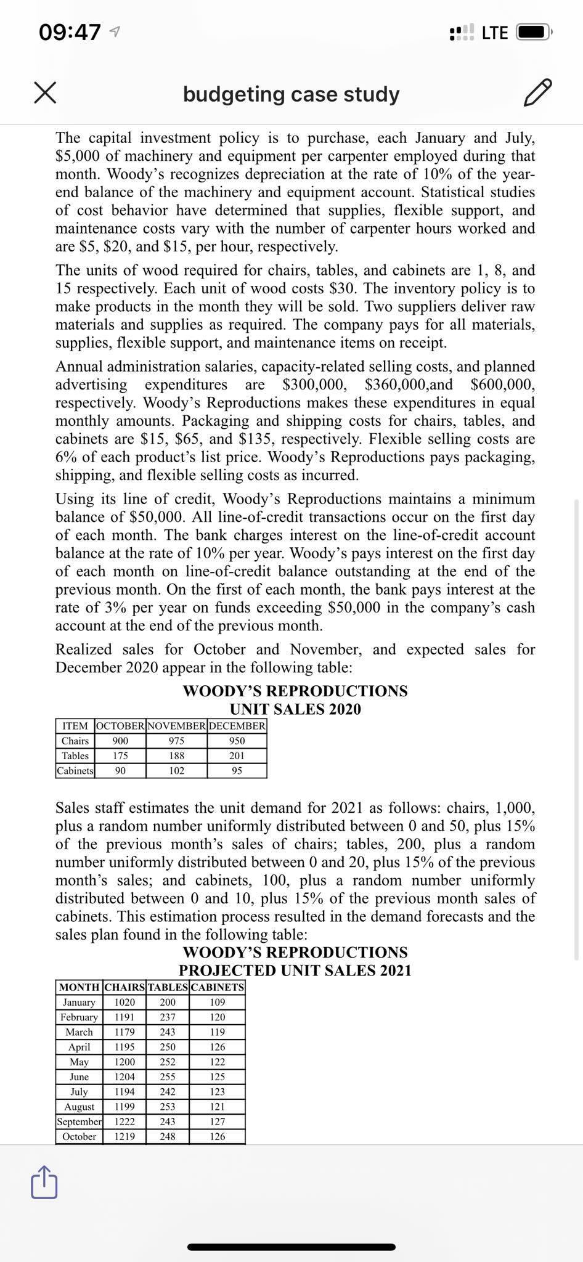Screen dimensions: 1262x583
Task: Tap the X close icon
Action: coord(45,94)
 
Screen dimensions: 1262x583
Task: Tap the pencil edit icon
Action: coord(537,93)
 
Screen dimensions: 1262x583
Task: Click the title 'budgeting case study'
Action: coord(291,94)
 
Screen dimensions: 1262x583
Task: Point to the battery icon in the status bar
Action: coord(534,32)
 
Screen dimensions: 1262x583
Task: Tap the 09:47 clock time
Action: coord(69,32)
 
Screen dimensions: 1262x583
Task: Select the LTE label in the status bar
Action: coord(494,32)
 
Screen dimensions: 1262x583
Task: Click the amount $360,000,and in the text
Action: coord(408,385)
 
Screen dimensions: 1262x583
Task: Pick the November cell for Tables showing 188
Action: coord(177,755)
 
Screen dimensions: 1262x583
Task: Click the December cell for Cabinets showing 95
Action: coord(237,770)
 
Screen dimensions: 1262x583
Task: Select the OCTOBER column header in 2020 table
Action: coord(121,725)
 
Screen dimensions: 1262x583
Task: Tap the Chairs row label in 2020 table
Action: coord(75,741)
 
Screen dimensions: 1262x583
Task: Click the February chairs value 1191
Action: coord(124,1017)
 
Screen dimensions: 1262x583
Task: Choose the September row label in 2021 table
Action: coord(79,1122)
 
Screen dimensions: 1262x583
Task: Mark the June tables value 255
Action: coord(168,1077)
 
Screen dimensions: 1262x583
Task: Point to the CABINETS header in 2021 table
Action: coord(218,987)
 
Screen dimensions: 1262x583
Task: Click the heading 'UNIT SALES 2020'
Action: coord(295,709)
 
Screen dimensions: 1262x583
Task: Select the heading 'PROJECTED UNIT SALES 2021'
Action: coord(295,971)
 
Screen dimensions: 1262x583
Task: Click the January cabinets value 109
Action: coord(218,1002)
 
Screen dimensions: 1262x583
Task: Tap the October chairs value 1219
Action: coord(124,1136)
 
